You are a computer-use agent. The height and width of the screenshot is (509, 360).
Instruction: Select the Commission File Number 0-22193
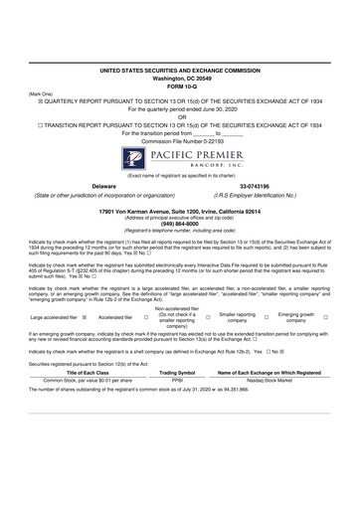click(180, 140)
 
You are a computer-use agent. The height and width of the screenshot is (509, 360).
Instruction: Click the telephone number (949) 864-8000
click(180, 223)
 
